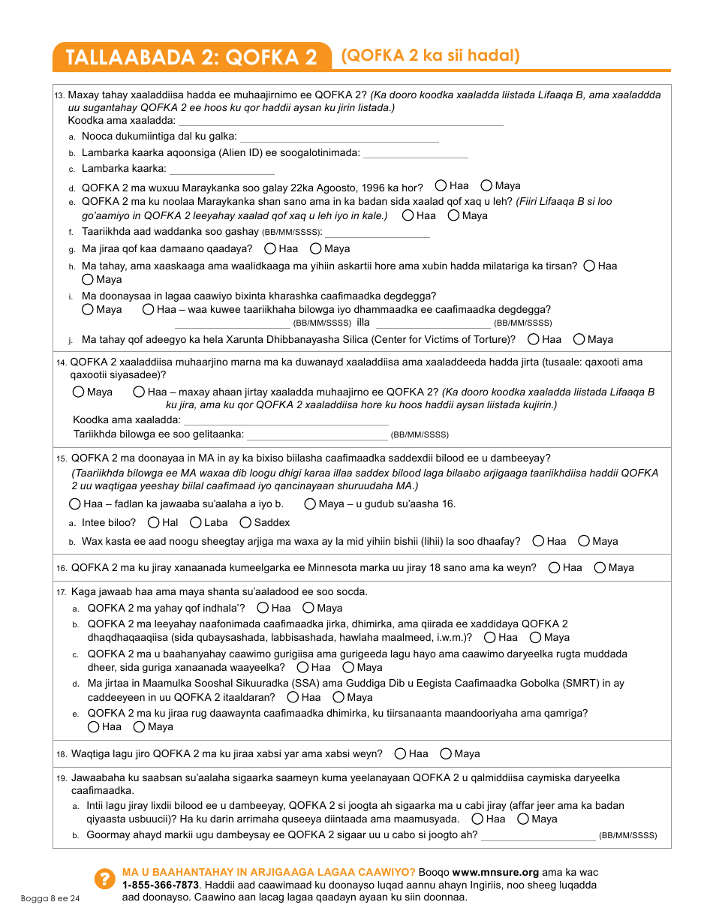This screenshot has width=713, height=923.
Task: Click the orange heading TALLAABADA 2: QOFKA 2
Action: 191,57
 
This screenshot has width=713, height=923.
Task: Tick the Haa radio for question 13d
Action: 441,185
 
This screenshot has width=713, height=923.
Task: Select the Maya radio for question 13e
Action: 454,215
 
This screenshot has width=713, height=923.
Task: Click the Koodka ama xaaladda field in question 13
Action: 341,120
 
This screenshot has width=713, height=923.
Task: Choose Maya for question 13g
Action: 316,248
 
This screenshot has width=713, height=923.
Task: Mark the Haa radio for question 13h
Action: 590,266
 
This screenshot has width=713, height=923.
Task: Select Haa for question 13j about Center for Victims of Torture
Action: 534,339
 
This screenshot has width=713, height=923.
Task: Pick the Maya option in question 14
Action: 79,392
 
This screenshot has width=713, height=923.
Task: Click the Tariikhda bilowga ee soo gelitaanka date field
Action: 317,434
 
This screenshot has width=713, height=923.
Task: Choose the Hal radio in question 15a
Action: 154,522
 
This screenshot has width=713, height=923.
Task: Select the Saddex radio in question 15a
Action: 245,522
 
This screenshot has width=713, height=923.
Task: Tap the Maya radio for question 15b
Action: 584,541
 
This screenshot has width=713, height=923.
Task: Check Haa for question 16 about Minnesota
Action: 555,567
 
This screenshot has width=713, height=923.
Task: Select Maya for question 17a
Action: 308,608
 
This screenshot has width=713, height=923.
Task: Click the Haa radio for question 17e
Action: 94,726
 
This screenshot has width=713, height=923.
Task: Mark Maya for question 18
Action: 446,753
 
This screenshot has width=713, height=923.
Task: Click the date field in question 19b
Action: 538,835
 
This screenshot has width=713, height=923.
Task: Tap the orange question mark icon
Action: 103,879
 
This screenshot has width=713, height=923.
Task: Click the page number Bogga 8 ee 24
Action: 50,898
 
